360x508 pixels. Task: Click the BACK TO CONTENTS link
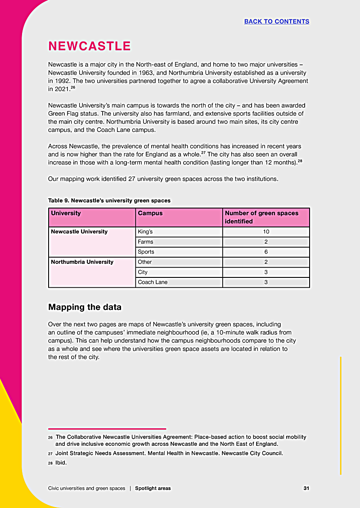click(276, 22)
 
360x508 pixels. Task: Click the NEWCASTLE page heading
click(89, 46)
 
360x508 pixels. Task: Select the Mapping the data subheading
click(85, 307)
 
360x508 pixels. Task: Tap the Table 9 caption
click(109, 200)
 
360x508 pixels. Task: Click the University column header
click(66, 213)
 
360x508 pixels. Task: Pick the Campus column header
click(150, 213)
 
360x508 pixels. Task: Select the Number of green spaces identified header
click(261, 217)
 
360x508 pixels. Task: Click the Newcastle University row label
click(79, 231)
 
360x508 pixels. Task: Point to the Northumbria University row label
click(82, 262)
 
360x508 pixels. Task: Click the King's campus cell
click(145, 231)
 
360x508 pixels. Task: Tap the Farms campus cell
click(145, 242)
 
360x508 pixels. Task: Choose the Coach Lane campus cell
click(153, 282)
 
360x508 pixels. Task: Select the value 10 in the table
click(266, 231)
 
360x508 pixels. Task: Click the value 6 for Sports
click(266, 252)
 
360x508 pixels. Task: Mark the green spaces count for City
click(266, 272)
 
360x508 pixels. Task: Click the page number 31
click(306, 488)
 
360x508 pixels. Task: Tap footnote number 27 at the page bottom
click(50, 454)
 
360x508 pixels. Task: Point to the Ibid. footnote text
click(61, 463)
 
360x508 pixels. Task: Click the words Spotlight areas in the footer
click(153, 488)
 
